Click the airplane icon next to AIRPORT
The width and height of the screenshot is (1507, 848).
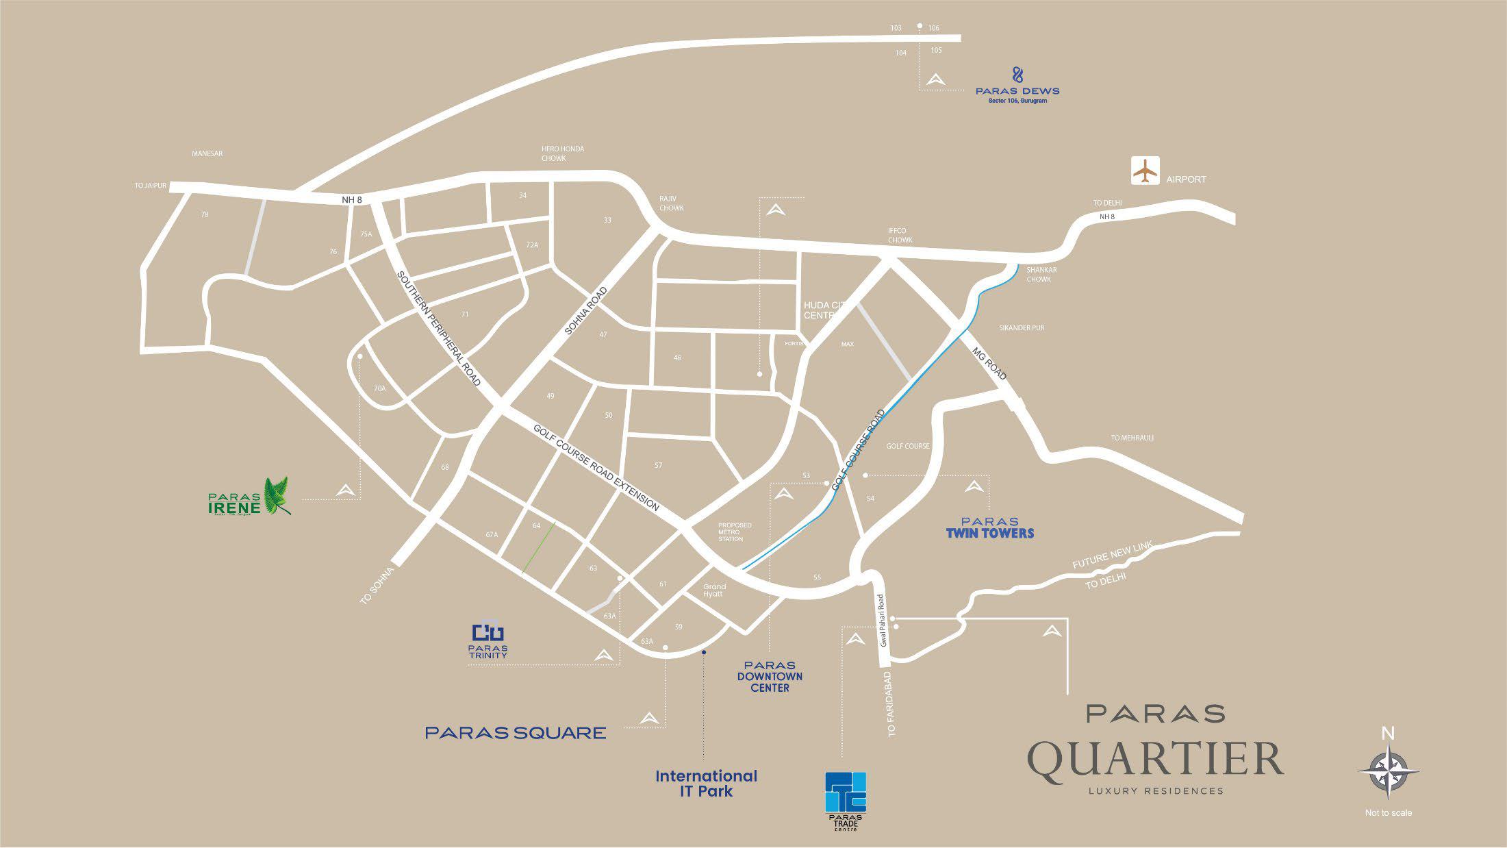point(1145,171)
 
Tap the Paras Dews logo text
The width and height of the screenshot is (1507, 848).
point(1017,90)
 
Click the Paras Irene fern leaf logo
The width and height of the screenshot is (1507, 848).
point(277,495)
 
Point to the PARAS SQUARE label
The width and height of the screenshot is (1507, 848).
point(515,733)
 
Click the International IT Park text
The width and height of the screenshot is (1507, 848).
point(706,784)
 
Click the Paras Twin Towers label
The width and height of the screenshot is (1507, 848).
point(989,527)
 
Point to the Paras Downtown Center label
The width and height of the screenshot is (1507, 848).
point(770,676)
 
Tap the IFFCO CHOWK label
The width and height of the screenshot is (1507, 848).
point(900,236)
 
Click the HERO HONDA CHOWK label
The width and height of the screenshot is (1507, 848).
point(562,153)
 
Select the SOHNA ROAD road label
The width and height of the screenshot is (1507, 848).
point(586,311)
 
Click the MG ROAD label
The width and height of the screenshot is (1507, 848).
point(989,363)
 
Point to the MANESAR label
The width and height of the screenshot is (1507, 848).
point(207,154)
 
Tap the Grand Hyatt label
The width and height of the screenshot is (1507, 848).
point(714,590)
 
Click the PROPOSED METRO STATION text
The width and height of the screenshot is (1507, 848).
point(734,532)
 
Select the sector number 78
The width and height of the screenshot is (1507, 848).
point(204,214)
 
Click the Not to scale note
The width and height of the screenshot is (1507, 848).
point(1388,813)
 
